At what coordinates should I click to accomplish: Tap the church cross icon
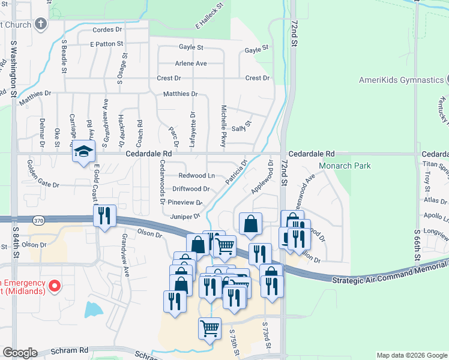[x=40, y=25]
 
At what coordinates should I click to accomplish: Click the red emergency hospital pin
[x=54, y=286]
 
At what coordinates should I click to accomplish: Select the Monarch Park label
[x=361, y=166]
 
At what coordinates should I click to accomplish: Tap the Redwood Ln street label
[x=197, y=175]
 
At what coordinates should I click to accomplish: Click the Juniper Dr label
[x=184, y=216]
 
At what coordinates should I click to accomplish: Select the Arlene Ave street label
[x=190, y=63]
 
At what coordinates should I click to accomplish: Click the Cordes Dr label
[x=107, y=29]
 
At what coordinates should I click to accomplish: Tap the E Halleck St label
[x=209, y=16]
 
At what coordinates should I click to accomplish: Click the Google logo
[x=20, y=353]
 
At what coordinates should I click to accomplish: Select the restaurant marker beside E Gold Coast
[x=104, y=216]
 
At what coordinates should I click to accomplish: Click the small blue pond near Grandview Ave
[x=93, y=310]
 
